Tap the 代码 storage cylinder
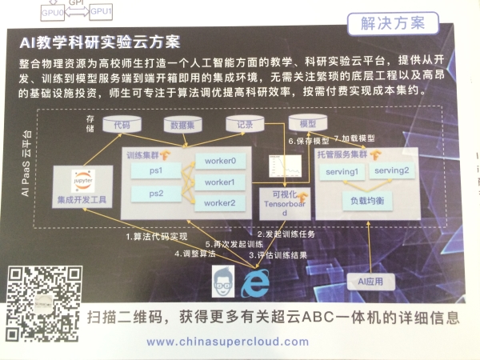click(121, 125)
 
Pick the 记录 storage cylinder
click(240, 125)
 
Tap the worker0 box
click(220, 161)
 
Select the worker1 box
click(220, 182)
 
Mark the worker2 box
click(220, 203)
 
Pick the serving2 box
click(392, 170)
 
